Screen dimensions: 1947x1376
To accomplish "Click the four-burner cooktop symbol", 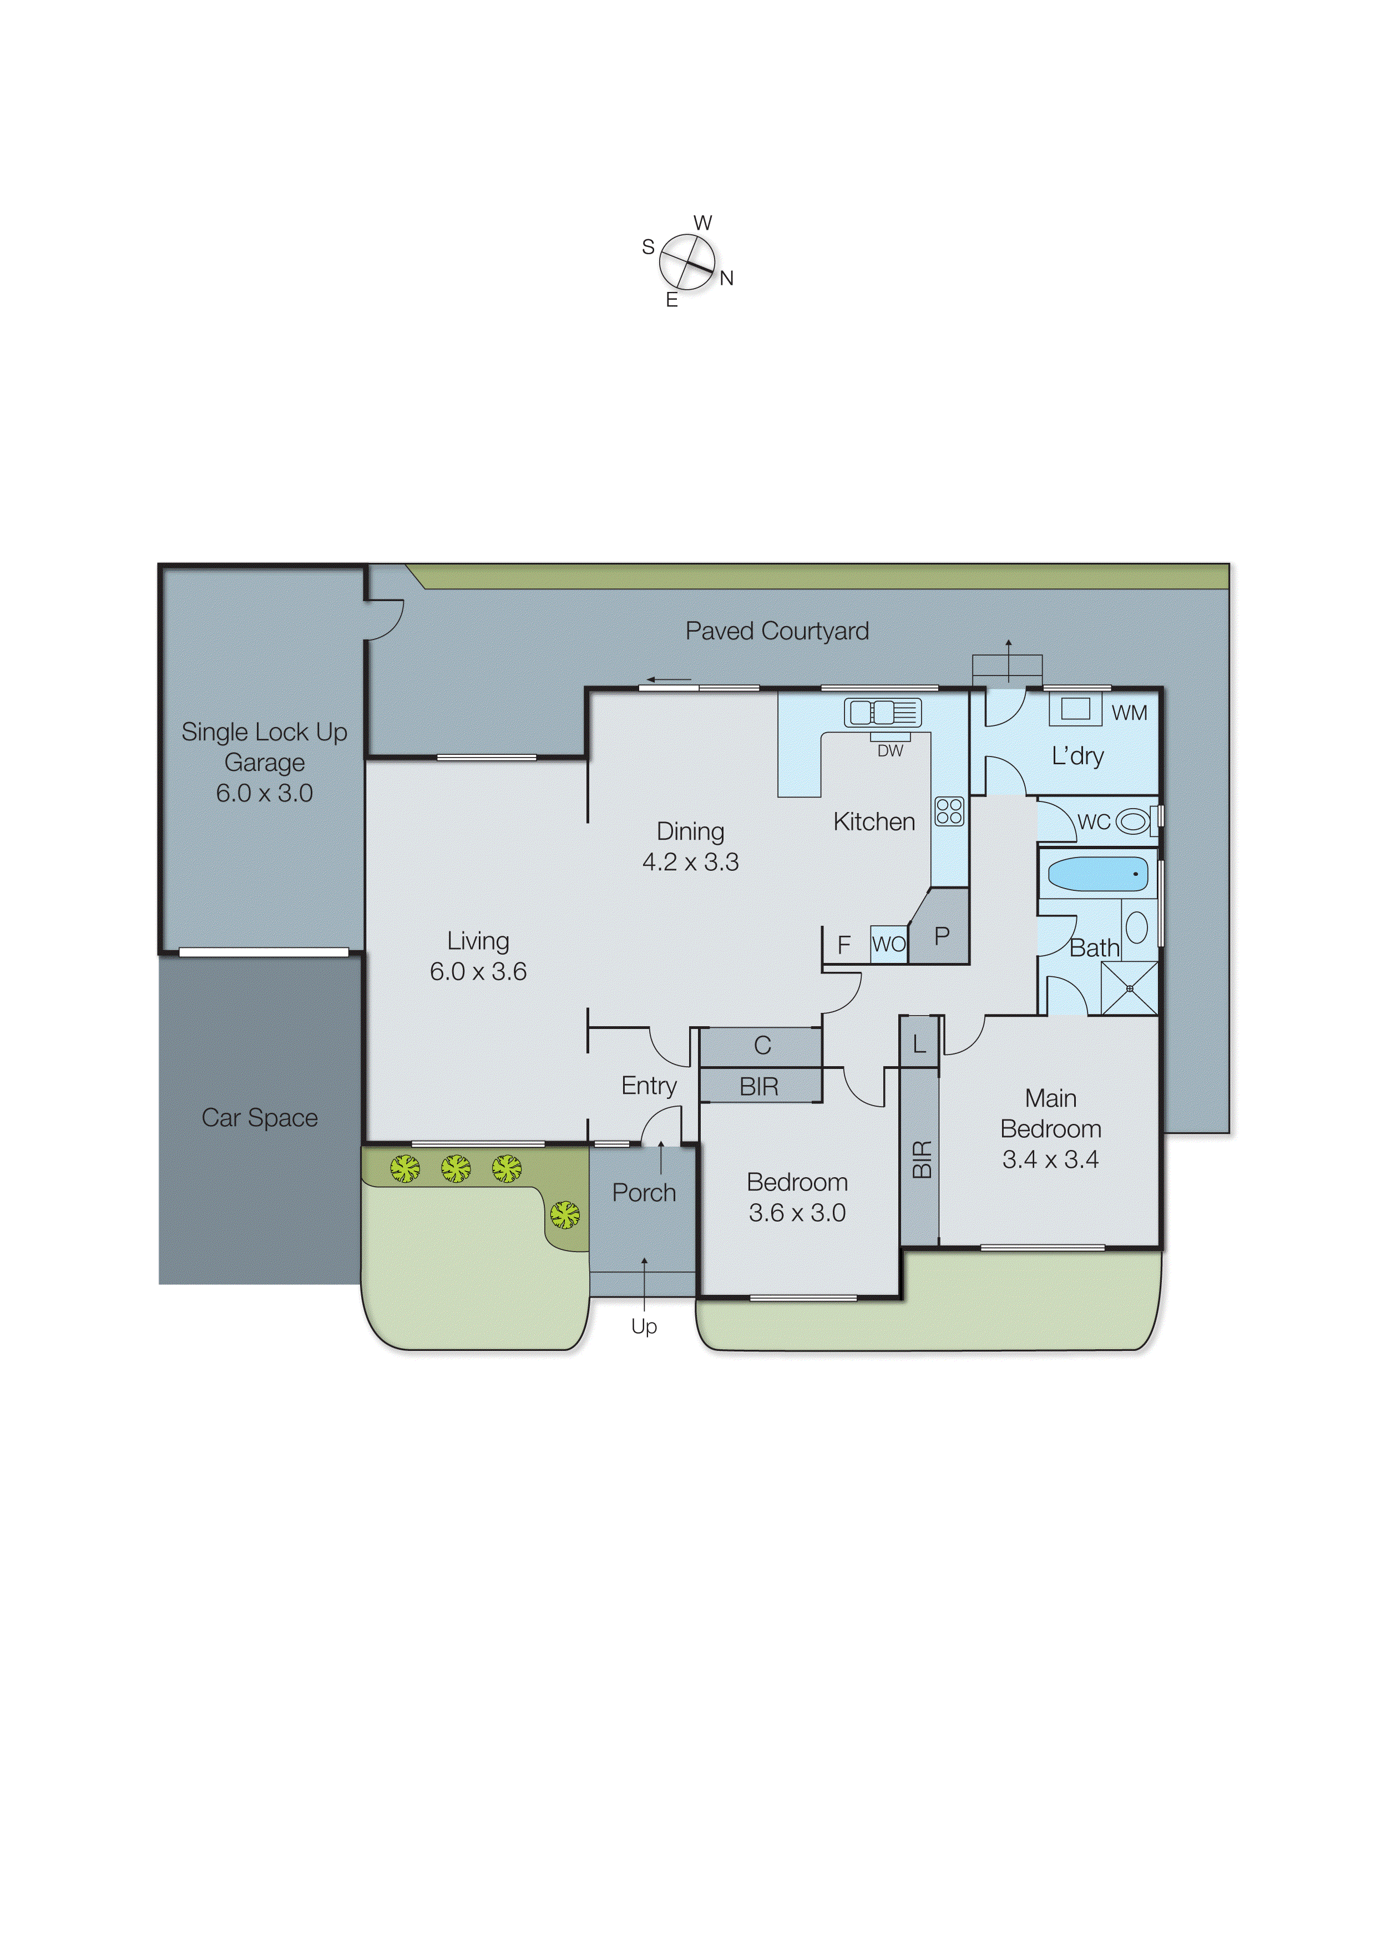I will tap(949, 811).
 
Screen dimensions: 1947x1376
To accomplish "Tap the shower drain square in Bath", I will tap(1129, 989).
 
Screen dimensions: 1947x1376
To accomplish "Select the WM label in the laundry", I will tap(1129, 713).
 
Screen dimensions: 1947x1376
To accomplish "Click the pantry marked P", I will tap(941, 936).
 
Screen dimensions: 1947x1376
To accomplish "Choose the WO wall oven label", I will tap(888, 944).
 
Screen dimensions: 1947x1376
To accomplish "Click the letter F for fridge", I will tap(843, 945).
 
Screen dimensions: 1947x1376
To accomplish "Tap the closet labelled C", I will tap(762, 1046).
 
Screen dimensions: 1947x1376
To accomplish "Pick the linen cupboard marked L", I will tap(919, 1045).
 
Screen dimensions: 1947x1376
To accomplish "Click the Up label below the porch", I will tap(644, 1326).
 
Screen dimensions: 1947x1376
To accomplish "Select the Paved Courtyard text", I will tap(777, 631).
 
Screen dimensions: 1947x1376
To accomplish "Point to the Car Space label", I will tap(260, 1118).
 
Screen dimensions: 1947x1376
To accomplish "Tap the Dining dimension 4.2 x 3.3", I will tap(690, 862).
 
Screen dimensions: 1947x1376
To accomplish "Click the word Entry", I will tap(649, 1086).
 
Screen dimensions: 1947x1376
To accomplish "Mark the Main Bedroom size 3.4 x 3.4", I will tap(1050, 1159).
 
